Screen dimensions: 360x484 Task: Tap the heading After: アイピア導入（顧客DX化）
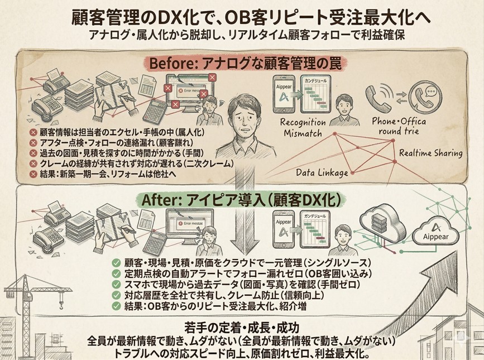click(242, 199)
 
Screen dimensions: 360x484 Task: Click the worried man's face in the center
click(242, 117)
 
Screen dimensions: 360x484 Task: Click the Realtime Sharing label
click(430, 153)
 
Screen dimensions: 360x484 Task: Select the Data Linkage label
click(322, 172)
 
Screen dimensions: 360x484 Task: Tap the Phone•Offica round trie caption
click(399, 126)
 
